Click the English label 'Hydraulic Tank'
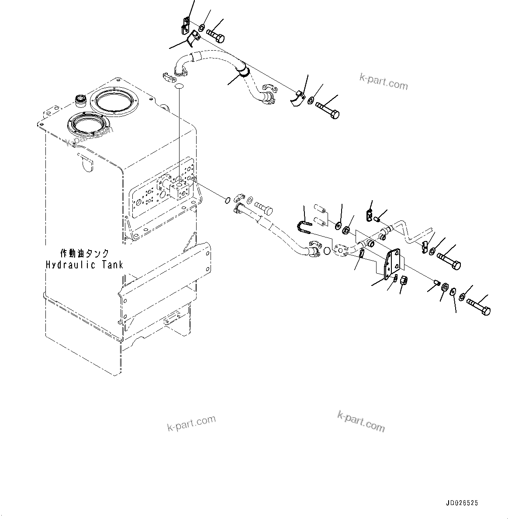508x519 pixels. tap(84, 265)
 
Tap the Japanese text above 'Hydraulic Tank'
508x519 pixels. tap(84, 254)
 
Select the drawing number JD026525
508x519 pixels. tap(462, 503)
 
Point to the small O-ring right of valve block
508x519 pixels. tap(227, 200)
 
